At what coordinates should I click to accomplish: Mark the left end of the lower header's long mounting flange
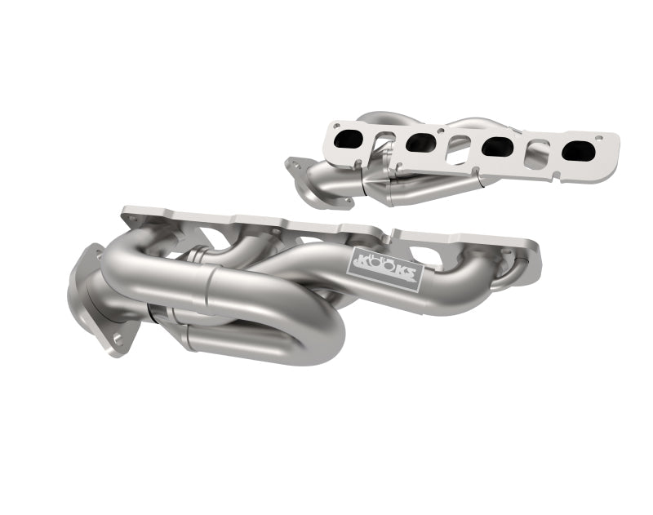coord(131,216)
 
